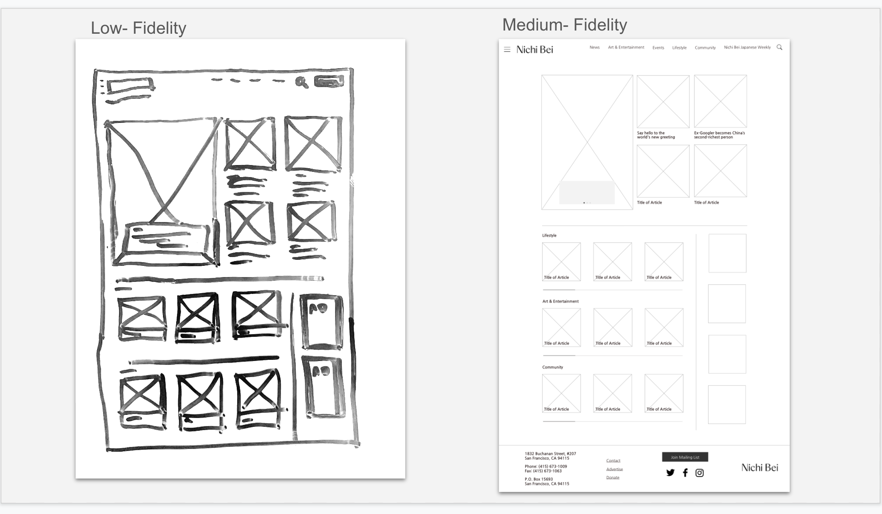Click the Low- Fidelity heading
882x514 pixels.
coord(138,28)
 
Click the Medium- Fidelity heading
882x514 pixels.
coord(564,25)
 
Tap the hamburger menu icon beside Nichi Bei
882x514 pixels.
coord(507,49)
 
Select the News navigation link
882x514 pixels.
coord(594,47)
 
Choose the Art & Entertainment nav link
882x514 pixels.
coord(626,47)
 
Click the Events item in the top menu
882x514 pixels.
coord(658,48)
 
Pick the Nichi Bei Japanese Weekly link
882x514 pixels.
coord(747,47)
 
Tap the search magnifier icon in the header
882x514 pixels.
coord(779,47)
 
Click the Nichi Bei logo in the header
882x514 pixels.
coord(534,49)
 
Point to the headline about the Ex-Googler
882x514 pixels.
coord(719,135)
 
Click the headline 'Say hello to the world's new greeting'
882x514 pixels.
coord(656,135)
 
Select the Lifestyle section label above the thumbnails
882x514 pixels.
coord(549,235)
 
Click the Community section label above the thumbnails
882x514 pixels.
coord(553,367)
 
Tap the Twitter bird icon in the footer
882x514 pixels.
coord(670,473)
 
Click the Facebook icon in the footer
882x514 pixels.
coord(685,473)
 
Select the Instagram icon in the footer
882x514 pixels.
coord(699,473)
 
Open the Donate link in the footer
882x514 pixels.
coord(613,477)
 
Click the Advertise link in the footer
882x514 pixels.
coord(614,469)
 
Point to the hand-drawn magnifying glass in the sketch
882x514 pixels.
coord(301,82)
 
